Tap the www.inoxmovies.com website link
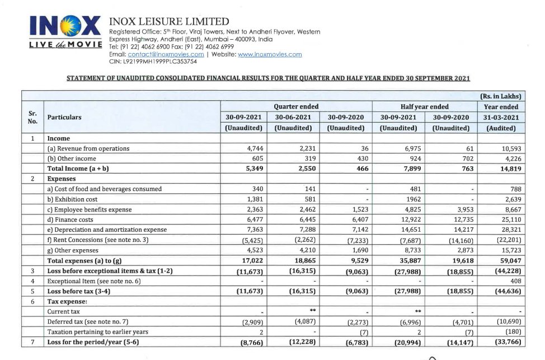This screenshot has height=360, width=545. click(270, 54)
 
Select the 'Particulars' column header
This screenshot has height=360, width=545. click(64, 117)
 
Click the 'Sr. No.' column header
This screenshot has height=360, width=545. click(32, 117)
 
